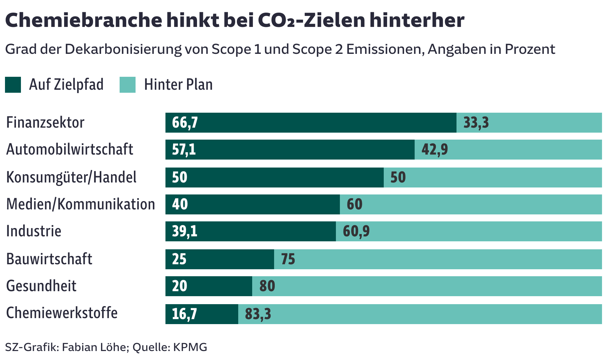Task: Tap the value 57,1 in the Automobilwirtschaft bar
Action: [184, 150]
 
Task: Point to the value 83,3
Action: [258, 314]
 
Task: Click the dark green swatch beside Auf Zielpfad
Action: [13, 85]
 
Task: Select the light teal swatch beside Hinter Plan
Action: [128, 85]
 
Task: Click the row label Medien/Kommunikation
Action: [80, 204]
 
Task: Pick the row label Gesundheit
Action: [41, 286]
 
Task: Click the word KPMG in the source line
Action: [190, 347]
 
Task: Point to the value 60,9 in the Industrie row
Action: [356, 231]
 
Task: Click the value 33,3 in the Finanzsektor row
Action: [476, 123]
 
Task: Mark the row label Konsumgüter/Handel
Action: [71, 177]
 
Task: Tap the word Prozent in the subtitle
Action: [530, 49]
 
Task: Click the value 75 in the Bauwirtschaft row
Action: [288, 259]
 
